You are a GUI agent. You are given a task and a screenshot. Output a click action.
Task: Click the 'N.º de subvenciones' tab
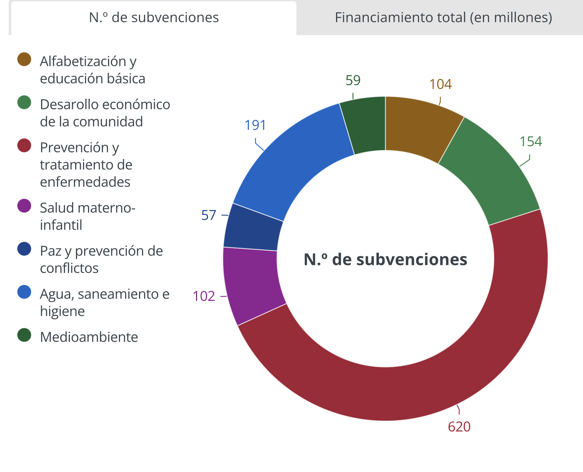(x=154, y=18)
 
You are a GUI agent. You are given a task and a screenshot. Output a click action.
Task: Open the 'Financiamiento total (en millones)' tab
(x=443, y=18)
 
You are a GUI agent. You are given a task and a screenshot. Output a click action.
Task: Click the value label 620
(x=459, y=427)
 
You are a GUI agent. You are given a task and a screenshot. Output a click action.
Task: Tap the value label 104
(x=440, y=84)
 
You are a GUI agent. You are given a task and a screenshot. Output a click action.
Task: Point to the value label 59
(x=353, y=80)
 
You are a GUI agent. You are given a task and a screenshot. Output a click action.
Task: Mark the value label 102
(x=204, y=296)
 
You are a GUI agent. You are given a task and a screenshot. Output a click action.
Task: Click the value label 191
(x=255, y=125)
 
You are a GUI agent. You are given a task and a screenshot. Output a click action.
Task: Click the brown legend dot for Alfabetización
(x=24, y=60)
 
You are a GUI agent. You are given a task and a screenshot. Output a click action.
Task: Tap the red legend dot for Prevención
(x=24, y=146)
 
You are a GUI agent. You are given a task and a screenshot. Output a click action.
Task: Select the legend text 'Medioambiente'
(x=89, y=337)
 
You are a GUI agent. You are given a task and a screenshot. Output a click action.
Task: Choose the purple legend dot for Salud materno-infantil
(x=24, y=206)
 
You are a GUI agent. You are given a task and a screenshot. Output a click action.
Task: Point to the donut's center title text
(x=385, y=259)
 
